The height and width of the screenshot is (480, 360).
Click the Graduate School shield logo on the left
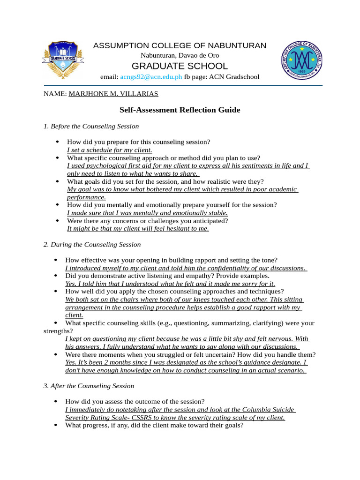click(62, 60)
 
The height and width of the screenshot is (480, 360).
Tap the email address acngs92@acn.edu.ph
click(151, 77)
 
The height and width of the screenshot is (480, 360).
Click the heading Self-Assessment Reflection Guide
click(180, 110)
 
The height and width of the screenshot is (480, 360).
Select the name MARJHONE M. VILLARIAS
click(113, 94)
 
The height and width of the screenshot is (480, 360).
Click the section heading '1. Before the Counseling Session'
click(91, 126)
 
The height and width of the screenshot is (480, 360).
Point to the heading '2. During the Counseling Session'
click(92, 245)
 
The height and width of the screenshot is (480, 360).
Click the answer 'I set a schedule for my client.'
click(110, 150)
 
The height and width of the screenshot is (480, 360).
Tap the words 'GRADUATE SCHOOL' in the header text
click(180, 66)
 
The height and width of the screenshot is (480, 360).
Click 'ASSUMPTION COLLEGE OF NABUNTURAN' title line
click(180, 45)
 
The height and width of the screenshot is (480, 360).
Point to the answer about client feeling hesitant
click(138, 229)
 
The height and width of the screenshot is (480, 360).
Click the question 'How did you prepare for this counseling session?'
click(139, 142)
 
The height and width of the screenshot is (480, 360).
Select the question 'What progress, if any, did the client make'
click(154, 426)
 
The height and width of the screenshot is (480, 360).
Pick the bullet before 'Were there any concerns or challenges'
click(57, 220)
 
